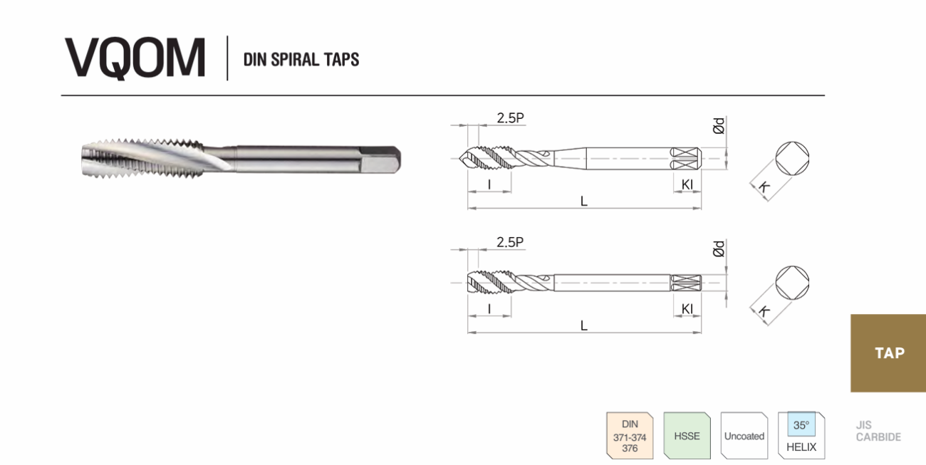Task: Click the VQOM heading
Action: [135, 58]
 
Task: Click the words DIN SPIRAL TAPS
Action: [301, 60]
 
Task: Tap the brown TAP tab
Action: [888, 353]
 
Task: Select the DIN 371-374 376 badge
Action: [630, 436]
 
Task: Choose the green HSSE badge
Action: [687, 436]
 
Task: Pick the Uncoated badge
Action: [744, 436]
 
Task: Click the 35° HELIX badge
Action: [801, 436]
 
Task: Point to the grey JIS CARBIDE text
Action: [878, 431]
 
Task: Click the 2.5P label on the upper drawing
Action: [510, 118]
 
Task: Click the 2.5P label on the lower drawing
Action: [510, 242]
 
